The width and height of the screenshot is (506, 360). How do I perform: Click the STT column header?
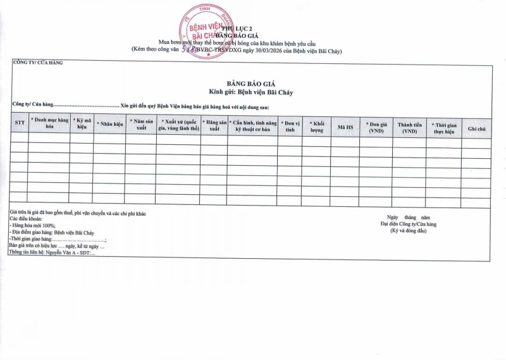(x=19, y=123)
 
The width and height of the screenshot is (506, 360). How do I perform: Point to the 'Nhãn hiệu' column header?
(x=109, y=123)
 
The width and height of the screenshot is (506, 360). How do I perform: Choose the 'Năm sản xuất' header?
(x=141, y=123)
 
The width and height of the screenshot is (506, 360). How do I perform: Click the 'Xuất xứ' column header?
(x=179, y=123)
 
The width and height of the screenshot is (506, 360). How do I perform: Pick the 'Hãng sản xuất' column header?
(x=214, y=123)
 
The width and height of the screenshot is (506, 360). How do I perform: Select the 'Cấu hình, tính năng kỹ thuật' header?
(x=252, y=123)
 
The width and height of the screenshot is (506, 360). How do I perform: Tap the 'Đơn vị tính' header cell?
(x=290, y=123)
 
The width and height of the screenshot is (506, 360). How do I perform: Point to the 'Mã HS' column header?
(x=345, y=127)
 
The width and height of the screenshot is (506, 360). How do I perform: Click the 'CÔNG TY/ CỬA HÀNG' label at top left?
(x=38, y=63)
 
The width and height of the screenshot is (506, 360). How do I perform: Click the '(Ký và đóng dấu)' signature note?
(x=408, y=230)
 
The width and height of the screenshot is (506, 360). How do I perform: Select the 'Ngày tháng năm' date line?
(x=409, y=218)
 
